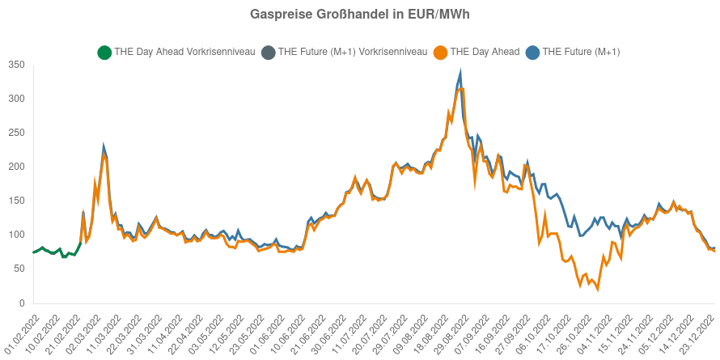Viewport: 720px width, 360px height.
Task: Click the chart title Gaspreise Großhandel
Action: pos(360,15)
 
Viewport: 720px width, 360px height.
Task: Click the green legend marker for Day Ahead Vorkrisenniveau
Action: pos(104,53)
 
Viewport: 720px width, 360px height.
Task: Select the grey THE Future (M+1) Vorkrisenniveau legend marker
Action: pos(268,53)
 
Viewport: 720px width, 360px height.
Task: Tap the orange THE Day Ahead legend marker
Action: pos(440,53)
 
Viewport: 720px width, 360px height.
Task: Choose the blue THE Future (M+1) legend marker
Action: pos(532,53)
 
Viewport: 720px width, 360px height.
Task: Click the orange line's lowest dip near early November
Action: pos(598,289)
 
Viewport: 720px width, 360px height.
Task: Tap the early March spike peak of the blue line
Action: pos(104,148)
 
